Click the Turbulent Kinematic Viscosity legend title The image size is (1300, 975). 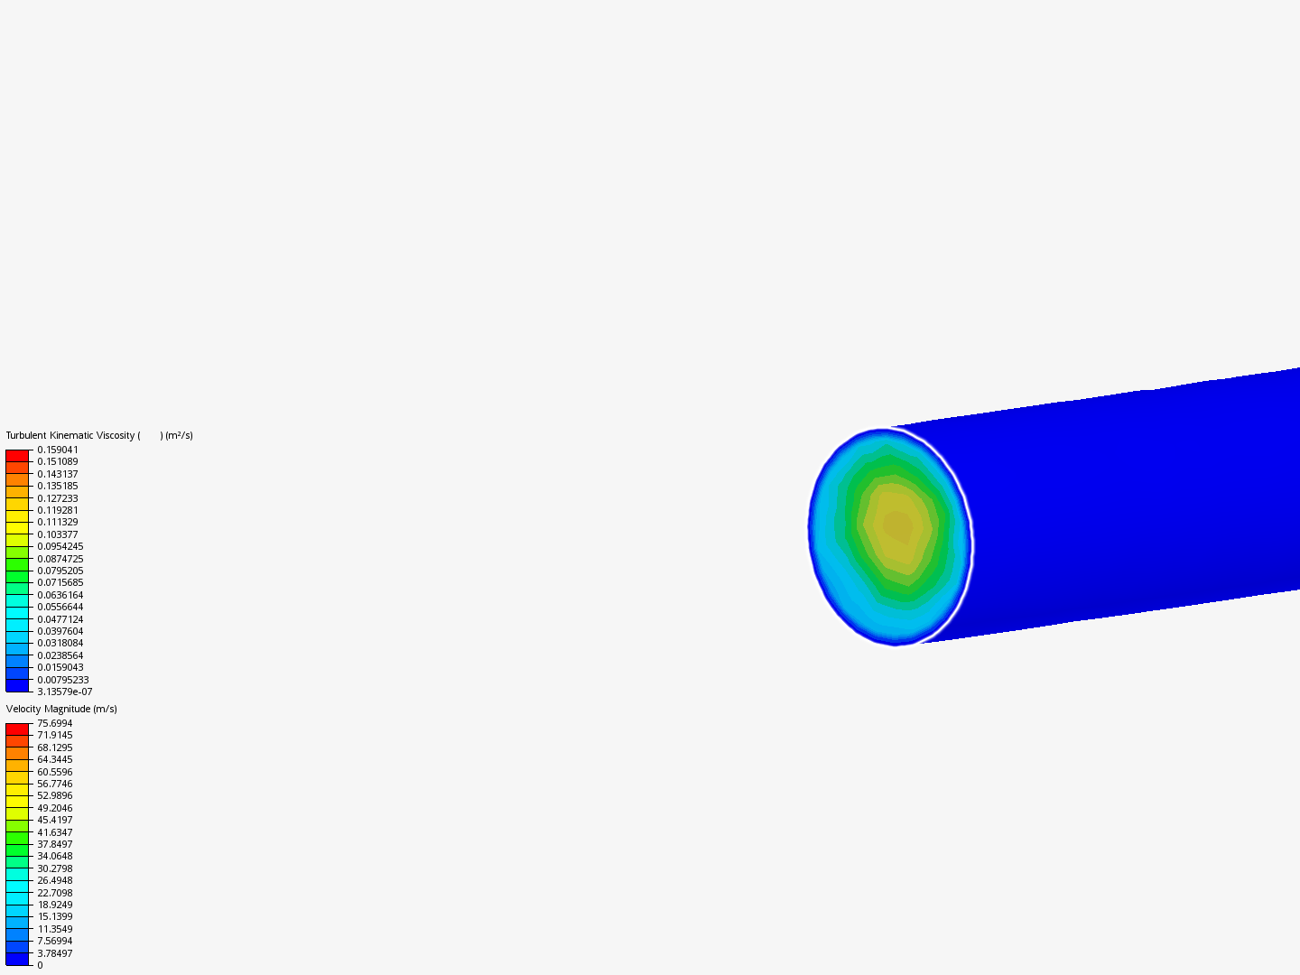click(99, 436)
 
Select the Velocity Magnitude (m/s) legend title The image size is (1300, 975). click(61, 710)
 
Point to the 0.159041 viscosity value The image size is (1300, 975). click(58, 450)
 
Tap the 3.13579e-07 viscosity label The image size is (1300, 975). click(65, 692)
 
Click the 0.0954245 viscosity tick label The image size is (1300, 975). click(60, 546)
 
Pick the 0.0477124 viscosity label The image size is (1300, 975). click(60, 619)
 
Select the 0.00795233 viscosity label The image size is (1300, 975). click(63, 680)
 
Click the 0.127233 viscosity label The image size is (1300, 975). click(58, 498)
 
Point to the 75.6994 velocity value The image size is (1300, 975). click(55, 723)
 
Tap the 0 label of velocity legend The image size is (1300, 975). click(40, 966)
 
